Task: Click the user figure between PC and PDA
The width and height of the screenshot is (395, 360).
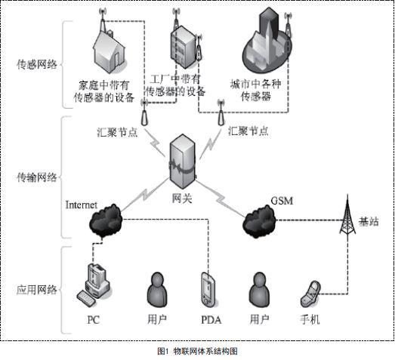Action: (x=157, y=290)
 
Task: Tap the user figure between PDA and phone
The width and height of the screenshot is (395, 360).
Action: (x=261, y=290)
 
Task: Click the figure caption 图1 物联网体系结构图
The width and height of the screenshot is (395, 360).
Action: (x=197, y=351)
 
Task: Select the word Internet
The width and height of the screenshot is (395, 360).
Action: (x=82, y=204)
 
